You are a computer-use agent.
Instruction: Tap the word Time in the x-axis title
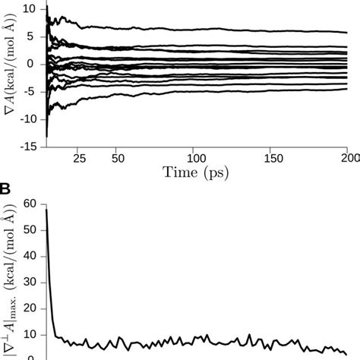[179, 174]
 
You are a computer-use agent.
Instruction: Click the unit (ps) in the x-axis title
[217, 175]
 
